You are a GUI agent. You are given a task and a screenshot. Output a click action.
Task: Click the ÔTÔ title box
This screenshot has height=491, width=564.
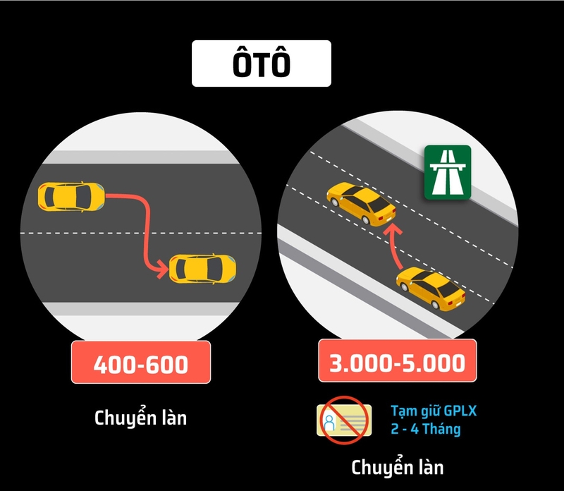(262, 63)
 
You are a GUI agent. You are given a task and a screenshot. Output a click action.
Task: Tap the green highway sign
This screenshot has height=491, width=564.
(448, 172)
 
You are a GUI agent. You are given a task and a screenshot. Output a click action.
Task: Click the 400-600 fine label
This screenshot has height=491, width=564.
(141, 362)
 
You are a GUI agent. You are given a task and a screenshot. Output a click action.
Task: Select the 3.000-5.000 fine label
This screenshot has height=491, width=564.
(398, 360)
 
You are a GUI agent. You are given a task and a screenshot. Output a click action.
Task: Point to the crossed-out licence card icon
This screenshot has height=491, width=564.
(344, 420)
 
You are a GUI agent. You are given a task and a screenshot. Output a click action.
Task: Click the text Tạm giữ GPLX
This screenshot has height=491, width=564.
(434, 411)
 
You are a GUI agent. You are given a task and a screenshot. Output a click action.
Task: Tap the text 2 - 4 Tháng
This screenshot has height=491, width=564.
(426, 429)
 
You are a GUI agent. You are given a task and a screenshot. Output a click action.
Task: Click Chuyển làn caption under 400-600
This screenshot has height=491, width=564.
(140, 418)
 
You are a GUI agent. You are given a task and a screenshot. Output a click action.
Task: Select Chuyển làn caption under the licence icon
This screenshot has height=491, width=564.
(398, 468)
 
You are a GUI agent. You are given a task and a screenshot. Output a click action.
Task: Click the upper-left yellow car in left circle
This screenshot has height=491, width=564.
(72, 197)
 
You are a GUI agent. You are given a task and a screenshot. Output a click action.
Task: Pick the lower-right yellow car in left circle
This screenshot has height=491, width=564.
(202, 269)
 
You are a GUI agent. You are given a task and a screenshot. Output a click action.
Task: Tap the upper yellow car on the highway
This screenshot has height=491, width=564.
(361, 204)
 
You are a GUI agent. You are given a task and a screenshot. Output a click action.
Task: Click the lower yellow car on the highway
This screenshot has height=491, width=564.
(431, 289)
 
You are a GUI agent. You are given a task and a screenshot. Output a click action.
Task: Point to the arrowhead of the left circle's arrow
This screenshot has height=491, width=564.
(161, 269)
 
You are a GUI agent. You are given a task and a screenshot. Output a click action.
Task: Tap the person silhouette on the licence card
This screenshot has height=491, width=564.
(329, 422)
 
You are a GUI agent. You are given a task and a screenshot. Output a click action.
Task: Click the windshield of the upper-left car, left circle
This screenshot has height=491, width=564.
(83, 197)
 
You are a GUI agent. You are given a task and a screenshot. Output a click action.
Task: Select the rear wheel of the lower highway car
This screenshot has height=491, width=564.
(436, 305)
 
